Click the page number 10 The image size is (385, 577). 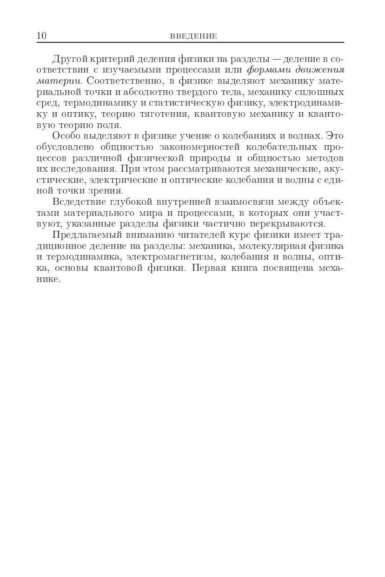(x=41, y=36)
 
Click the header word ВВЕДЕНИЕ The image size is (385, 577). (x=193, y=36)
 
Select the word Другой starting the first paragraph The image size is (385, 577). (x=69, y=60)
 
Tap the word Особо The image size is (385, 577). (x=66, y=136)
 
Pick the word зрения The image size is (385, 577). (x=109, y=191)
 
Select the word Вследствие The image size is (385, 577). (x=78, y=202)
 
